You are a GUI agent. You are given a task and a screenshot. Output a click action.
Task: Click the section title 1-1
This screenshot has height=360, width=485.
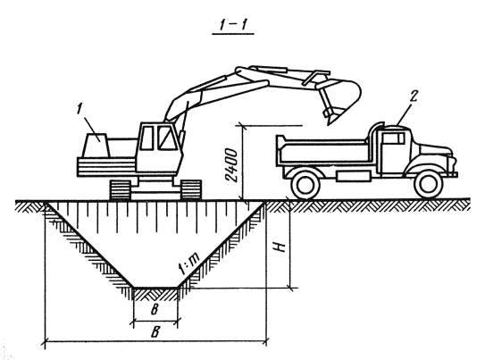[x=233, y=25]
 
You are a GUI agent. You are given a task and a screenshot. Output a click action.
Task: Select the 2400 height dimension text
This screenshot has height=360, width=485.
[x=231, y=165]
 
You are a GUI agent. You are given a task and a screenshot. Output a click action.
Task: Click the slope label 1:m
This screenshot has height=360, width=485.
[x=189, y=264]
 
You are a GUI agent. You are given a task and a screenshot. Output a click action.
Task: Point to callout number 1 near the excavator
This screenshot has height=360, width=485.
[x=79, y=109]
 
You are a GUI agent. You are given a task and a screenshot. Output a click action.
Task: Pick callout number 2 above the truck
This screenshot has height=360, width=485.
[x=413, y=96]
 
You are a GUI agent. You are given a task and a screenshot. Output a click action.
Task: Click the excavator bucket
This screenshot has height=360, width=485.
[x=342, y=99]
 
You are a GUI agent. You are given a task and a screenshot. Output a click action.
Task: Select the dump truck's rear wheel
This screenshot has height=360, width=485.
[x=305, y=184]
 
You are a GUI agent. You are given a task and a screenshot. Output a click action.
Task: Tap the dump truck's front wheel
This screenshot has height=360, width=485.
[x=428, y=184]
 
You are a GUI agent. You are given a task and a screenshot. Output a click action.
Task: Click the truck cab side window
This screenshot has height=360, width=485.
[x=394, y=138]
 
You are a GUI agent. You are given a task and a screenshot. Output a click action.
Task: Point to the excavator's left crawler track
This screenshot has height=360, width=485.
[x=120, y=189]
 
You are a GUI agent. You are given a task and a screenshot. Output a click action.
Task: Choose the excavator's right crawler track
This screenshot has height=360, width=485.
[x=191, y=189]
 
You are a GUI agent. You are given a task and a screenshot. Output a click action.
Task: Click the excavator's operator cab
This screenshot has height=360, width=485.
[x=159, y=147]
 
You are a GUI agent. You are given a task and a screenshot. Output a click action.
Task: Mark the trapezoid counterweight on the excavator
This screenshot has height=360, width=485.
[x=96, y=146]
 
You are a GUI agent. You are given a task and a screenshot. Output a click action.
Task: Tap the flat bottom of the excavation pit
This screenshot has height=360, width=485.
[x=155, y=288]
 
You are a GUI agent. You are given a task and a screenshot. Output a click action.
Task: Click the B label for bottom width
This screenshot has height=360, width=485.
[x=155, y=309]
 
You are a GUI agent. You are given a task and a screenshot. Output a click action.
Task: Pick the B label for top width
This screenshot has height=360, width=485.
[x=155, y=331]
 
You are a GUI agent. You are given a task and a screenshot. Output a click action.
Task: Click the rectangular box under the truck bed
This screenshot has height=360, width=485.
[x=353, y=176]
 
